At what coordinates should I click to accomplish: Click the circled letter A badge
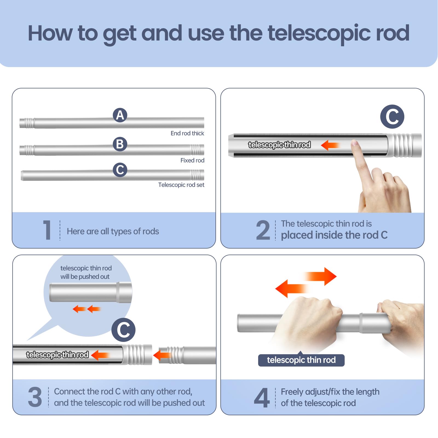120,115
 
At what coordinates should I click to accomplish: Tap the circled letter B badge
120,144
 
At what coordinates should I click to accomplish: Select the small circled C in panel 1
120,170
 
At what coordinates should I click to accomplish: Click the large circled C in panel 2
392,117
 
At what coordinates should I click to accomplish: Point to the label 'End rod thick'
187,133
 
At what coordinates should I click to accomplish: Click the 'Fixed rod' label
192,160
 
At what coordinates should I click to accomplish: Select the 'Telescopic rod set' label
181,185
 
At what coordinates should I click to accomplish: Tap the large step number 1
47,230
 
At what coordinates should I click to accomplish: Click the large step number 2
263,230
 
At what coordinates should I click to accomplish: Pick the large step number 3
35,397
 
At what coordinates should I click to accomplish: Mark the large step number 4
262,397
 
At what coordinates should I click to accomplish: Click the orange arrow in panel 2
330,145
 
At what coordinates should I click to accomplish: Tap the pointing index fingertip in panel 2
355,143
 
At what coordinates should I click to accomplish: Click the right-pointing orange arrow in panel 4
322,276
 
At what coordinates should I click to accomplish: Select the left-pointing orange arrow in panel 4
290,289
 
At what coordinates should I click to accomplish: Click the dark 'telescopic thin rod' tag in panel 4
301,360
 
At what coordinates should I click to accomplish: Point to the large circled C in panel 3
123,330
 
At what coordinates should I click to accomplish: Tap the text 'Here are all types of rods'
113,232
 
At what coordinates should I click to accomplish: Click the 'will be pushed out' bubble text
85,277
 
